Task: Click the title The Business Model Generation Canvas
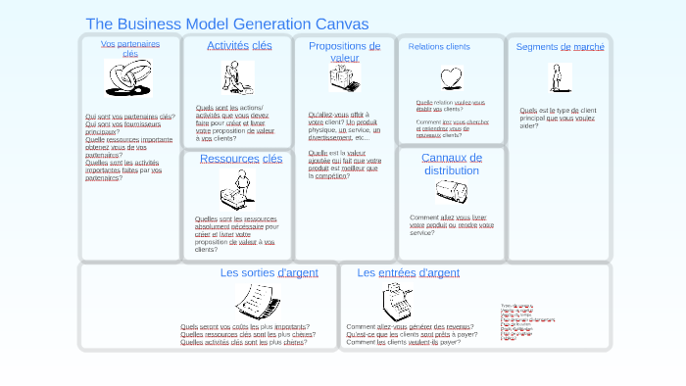pyautogui.click(x=227, y=24)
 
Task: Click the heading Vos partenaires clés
pyautogui.click(x=130, y=48)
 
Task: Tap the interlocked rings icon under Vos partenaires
pyautogui.click(x=127, y=77)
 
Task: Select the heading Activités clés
pyautogui.click(x=239, y=45)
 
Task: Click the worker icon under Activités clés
pyautogui.click(x=236, y=76)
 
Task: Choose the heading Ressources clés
pyautogui.click(x=240, y=159)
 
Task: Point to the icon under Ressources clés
pyautogui.click(x=237, y=189)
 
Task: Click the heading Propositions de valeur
pyautogui.click(x=344, y=52)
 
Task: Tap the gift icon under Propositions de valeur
pyautogui.click(x=344, y=78)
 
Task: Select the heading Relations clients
pyautogui.click(x=439, y=46)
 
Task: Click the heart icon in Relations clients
pyautogui.click(x=451, y=77)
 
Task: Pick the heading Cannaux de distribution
pyautogui.click(x=452, y=164)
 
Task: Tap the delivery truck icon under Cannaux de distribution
pyautogui.click(x=452, y=192)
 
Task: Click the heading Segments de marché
pyautogui.click(x=560, y=46)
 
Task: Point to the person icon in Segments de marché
pyautogui.click(x=559, y=77)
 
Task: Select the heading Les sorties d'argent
pyautogui.click(x=269, y=272)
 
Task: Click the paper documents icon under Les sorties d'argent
pyautogui.click(x=258, y=301)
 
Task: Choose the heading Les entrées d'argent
pyautogui.click(x=408, y=272)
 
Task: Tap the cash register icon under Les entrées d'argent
pyautogui.click(x=397, y=301)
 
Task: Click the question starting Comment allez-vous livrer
pyautogui.click(x=451, y=224)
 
